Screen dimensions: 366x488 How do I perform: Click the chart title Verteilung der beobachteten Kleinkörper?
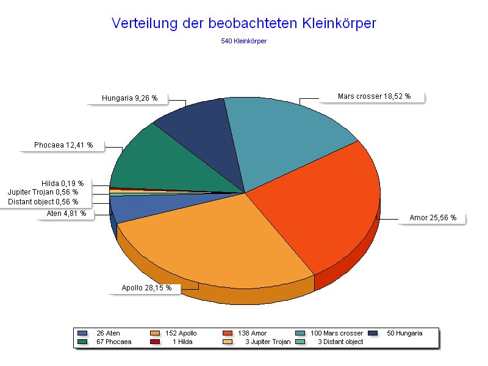pos(244,23)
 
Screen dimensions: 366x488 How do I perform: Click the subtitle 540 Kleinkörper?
pos(244,41)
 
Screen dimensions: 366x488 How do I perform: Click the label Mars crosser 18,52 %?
pos(374,96)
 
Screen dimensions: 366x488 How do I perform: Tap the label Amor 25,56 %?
pos(432,217)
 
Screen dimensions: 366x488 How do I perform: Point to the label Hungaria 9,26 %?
pos(129,98)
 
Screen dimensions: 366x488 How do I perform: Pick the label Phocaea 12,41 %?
pos(63,145)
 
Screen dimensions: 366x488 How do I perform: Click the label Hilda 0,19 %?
pos(62,183)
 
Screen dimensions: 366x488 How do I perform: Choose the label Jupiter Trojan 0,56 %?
pos(43,192)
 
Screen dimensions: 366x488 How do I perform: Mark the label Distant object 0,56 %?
pos(43,201)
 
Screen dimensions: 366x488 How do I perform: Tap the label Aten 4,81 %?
pos(66,213)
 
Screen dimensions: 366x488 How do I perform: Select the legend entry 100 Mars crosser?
pos(337,333)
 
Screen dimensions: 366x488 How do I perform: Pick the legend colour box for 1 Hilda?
pos(156,342)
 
